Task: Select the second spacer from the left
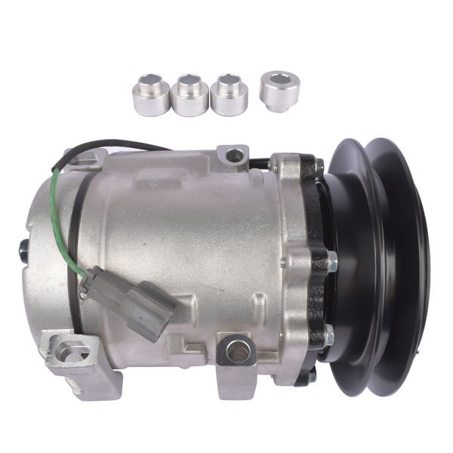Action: pos(190,95)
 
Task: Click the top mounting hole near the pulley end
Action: pos(236,156)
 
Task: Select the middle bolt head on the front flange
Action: pos(331,261)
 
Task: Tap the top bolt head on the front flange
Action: pos(320,164)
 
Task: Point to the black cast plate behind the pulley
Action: pos(311,226)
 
